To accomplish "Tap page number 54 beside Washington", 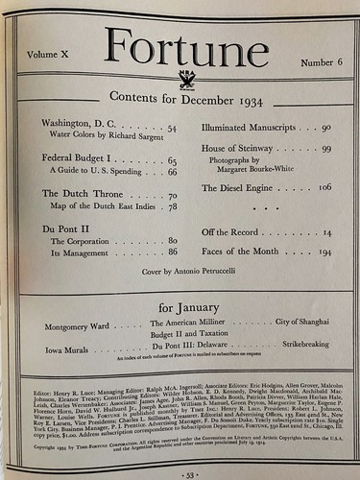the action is [171, 129].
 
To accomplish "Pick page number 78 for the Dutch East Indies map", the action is [172, 207].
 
